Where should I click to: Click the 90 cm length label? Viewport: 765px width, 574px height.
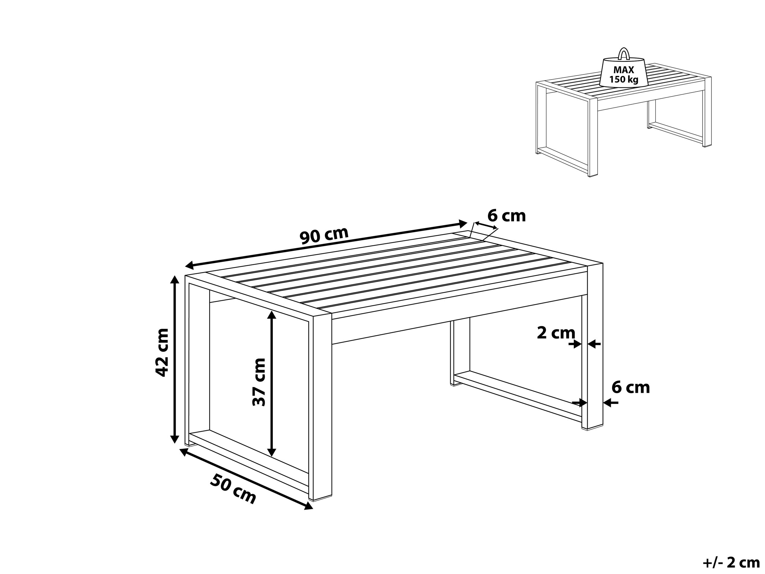click(324, 236)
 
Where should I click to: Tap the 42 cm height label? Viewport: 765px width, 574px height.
click(162, 352)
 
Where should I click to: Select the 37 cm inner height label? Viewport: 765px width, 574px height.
click(259, 382)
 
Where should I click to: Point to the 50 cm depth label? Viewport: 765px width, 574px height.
click(233, 489)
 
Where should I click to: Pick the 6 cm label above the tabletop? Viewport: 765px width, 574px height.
click(506, 216)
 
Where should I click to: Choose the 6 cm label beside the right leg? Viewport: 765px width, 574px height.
click(631, 387)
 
